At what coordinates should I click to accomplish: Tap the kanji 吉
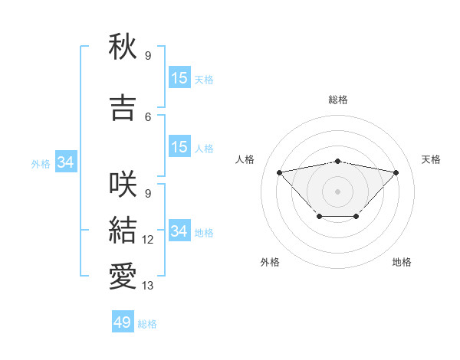123,108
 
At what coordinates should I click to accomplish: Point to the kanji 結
123,231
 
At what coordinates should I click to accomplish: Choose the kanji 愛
123,277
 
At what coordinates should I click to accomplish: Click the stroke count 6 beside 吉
148,116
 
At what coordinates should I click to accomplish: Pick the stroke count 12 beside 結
148,240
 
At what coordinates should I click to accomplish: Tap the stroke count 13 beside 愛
148,286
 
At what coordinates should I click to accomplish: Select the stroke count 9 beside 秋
148,55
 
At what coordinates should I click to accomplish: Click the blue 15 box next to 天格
179,78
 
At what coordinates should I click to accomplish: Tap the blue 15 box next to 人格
179,147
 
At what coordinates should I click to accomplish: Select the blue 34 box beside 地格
179,231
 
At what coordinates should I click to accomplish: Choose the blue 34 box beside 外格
65,162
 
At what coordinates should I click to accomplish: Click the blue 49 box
123,322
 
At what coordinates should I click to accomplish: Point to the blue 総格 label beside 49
147,324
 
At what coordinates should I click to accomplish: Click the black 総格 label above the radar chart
338,100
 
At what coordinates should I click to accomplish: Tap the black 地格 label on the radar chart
402,262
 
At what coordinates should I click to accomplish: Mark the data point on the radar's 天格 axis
396,172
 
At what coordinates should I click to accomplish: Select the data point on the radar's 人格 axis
279,172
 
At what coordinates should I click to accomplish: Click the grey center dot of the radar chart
337,191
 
